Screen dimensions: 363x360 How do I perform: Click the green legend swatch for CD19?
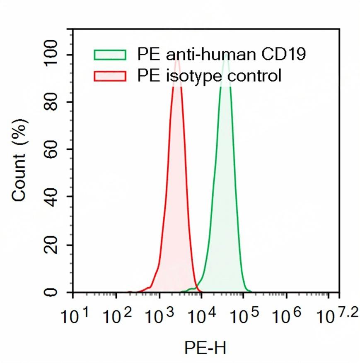(110, 55)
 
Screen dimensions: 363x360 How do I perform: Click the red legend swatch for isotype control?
(110, 76)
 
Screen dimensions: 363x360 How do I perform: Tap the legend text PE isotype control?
(209, 76)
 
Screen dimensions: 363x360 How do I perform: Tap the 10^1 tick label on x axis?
(75, 316)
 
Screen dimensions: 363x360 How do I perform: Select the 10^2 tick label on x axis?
(118, 316)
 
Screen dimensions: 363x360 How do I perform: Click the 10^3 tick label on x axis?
(160, 316)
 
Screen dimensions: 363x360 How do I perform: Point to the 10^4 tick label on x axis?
(202, 316)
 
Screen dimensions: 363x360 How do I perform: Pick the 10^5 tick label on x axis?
(245, 316)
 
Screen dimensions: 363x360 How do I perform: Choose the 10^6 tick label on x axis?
(287, 316)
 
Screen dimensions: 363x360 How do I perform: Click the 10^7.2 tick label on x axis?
(336, 315)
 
